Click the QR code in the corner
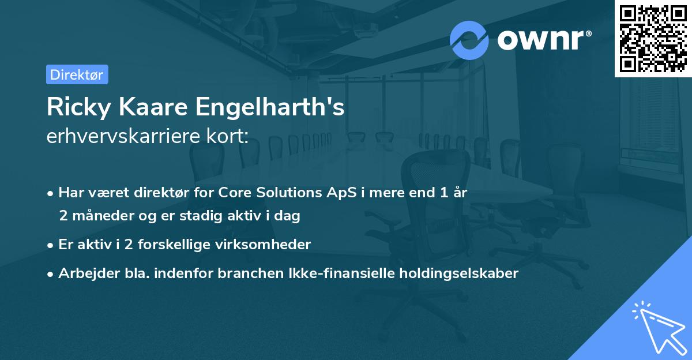pyautogui.click(x=653, y=38)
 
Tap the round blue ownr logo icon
pyautogui.click(x=469, y=40)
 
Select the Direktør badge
pyautogui.click(x=77, y=74)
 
